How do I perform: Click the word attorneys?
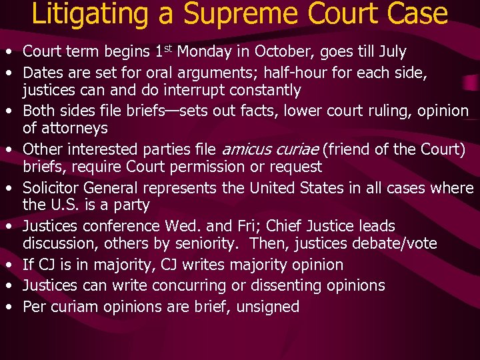pyautogui.click(x=75, y=128)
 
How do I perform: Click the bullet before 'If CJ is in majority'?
pyautogui.click(x=9, y=265)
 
